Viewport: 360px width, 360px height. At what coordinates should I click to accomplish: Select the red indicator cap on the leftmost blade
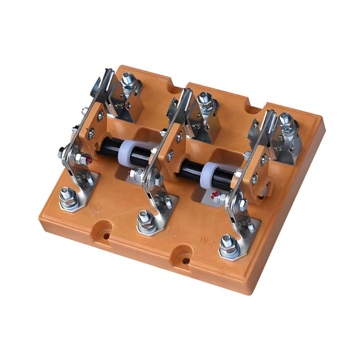point(90,159)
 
